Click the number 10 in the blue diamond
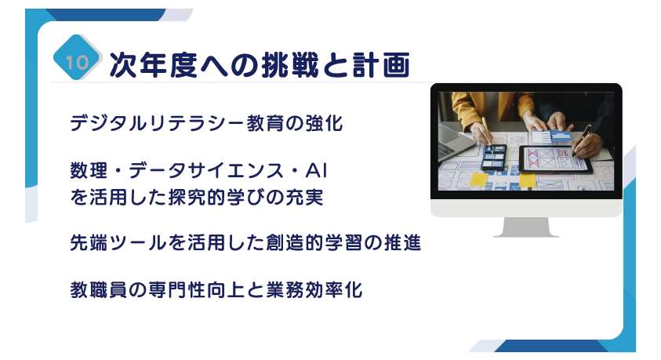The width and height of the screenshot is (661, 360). click(x=77, y=63)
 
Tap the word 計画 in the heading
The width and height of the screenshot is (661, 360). click(x=381, y=65)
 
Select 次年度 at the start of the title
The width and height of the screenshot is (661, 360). click(x=154, y=65)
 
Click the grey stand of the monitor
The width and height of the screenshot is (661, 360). click(x=526, y=227)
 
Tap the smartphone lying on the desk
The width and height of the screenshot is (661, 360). click(x=494, y=157)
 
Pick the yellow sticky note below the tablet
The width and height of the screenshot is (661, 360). click(x=528, y=180)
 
